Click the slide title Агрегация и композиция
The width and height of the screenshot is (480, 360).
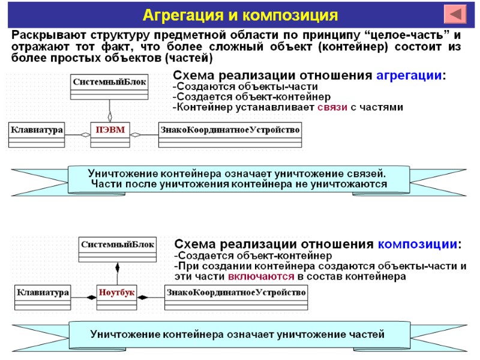coord(240,14)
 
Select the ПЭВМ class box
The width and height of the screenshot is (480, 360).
coord(110,129)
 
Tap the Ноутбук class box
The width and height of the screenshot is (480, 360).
coord(117,293)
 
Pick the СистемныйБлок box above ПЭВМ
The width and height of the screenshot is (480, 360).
coord(109,80)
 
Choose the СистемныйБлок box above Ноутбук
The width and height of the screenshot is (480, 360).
coord(118,244)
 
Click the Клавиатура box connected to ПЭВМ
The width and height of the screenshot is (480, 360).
coord(37,129)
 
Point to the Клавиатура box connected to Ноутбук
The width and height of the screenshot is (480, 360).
coord(43,293)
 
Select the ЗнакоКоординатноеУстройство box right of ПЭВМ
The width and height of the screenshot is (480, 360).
coord(229,129)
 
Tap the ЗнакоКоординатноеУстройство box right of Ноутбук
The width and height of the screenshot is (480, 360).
coord(236,293)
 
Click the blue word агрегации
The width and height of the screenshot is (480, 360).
coord(410,76)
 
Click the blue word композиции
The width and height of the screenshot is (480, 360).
coord(419,244)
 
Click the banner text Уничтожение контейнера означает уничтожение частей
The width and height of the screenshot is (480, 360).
coord(238,334)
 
